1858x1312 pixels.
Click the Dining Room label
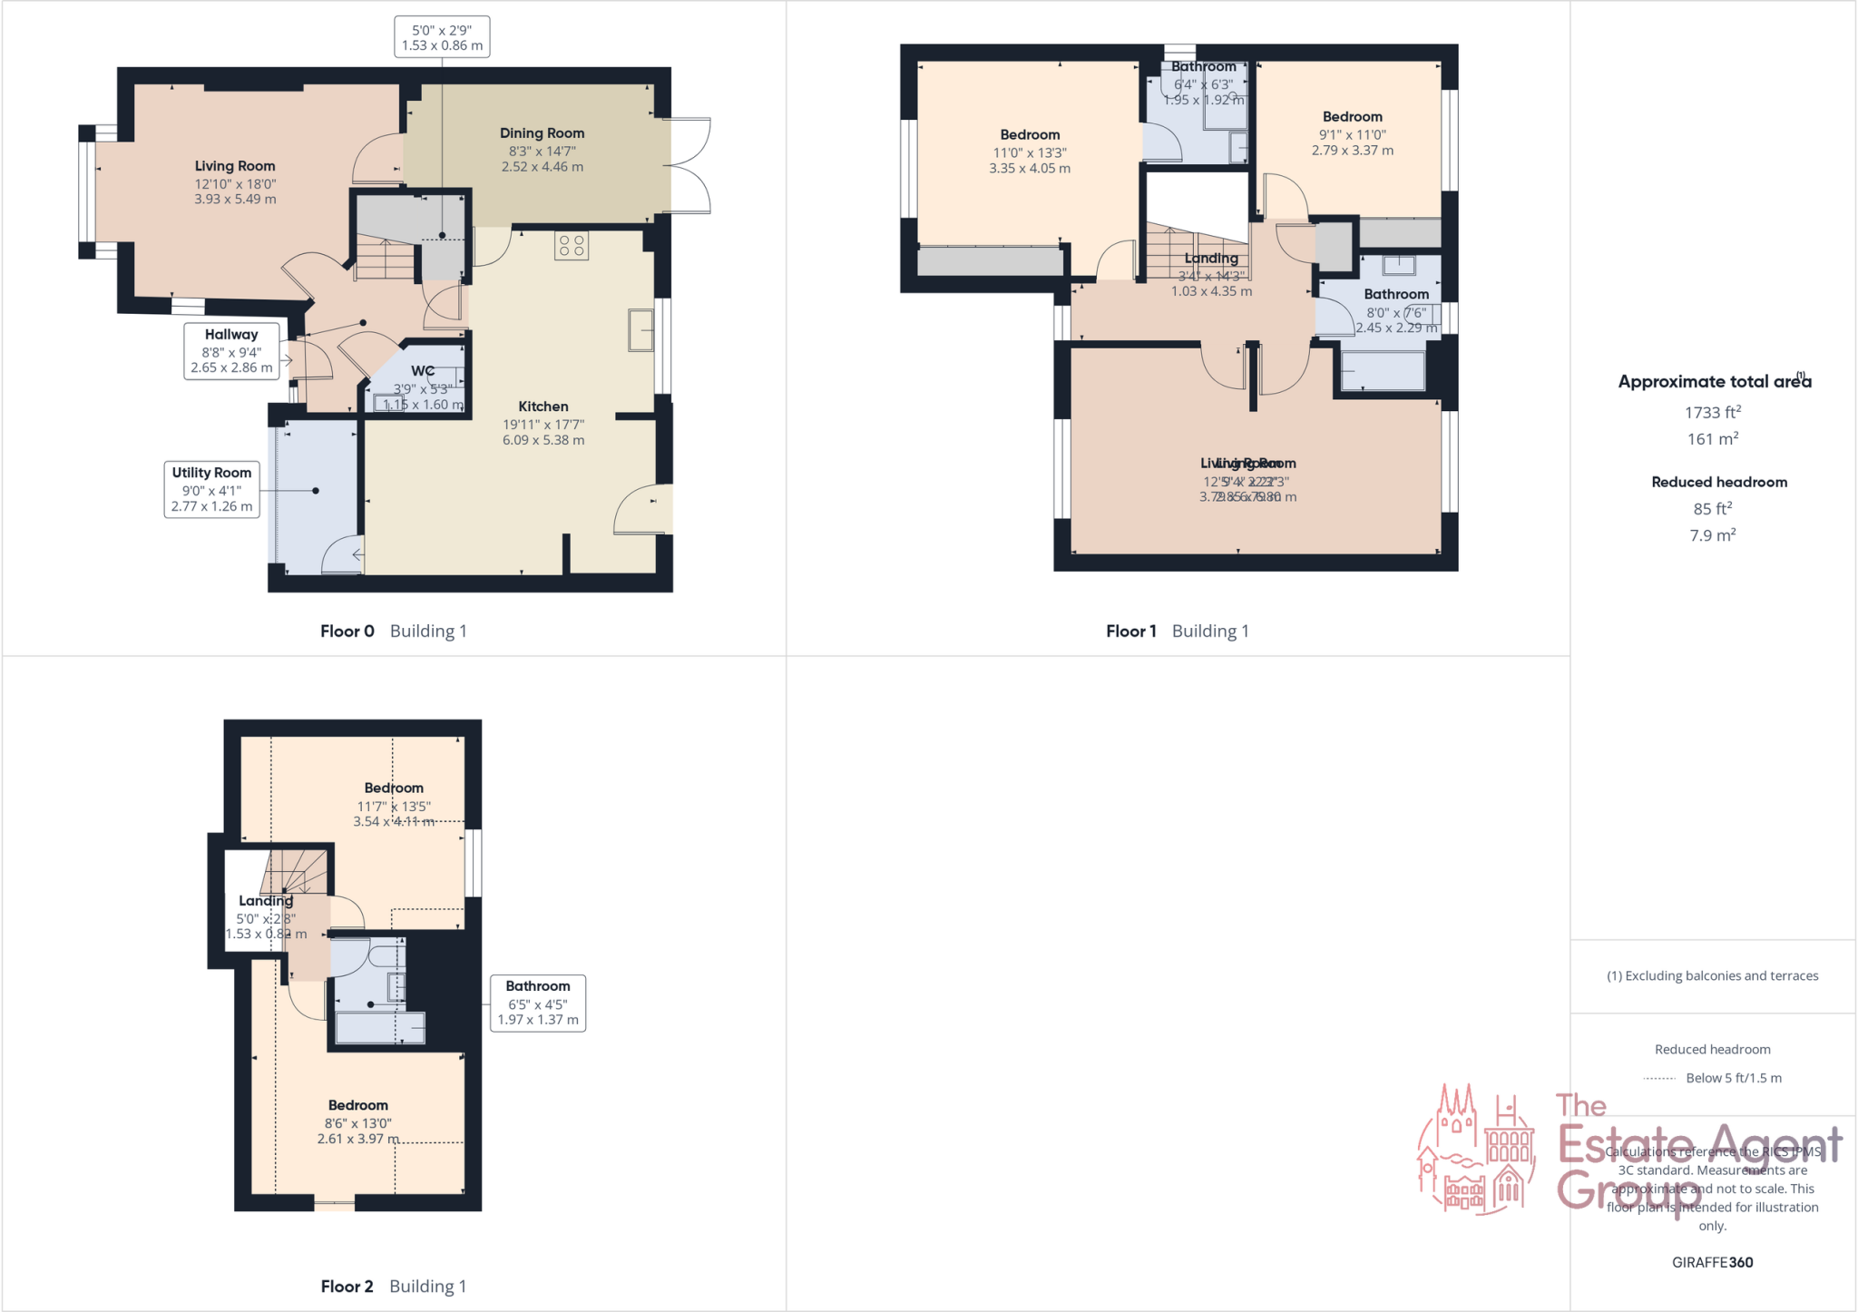542,133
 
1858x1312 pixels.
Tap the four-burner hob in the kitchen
572,245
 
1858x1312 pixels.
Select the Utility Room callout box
211,489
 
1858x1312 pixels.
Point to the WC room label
423,371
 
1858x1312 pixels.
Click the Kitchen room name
543,406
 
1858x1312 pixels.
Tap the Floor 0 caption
347,632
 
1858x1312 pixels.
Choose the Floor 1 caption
1130,632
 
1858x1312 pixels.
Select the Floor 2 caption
347,1287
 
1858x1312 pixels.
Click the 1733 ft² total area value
1712,413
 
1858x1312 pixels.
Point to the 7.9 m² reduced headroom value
1712,535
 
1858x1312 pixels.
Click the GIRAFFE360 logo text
1712,1262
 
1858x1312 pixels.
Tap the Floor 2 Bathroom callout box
538,1003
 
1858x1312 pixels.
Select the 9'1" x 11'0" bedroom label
1352,133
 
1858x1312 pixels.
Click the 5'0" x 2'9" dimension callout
442,37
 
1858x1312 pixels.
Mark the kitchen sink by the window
641,330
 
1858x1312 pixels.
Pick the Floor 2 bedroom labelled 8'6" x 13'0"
358,1121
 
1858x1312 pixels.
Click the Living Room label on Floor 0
235,166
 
